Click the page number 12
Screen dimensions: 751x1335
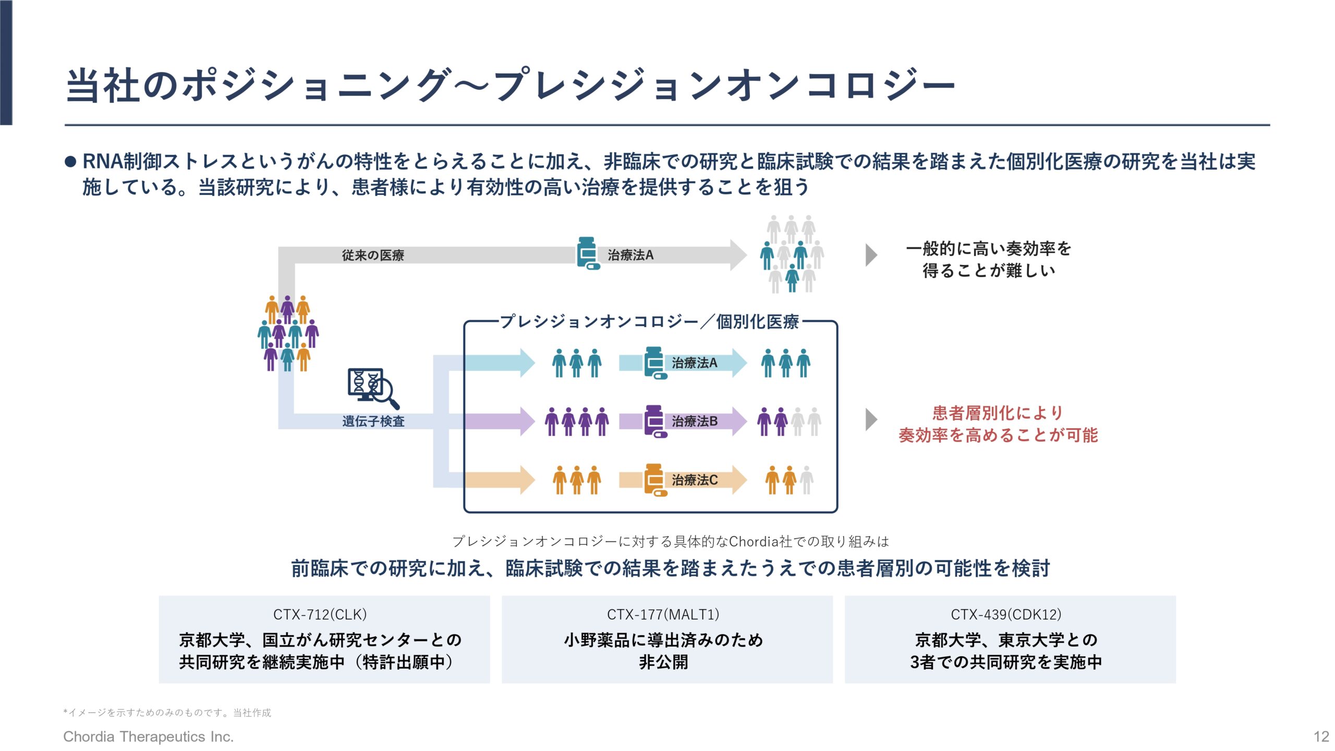[1321, 737]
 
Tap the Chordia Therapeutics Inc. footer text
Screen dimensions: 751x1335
[148, 736]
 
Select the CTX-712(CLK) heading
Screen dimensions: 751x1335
[320, 614]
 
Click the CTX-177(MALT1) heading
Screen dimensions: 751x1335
[663, 614]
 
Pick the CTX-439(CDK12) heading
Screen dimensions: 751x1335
[1006, 614]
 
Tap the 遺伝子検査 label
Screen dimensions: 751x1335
[373, 421]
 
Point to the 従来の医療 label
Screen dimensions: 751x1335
[373, 255]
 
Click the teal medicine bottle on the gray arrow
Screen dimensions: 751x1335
[588, 253]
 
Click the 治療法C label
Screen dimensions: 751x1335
[695, 480]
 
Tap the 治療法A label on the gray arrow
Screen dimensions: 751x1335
[630, 255]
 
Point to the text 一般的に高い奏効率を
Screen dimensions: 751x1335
[989, 249]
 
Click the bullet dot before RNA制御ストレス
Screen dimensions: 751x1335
[70, 162]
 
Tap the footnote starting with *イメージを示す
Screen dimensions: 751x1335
[167, 712]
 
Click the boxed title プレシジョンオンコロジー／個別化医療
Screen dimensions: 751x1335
[649, 321]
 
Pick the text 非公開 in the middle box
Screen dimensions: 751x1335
[663, 662]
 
